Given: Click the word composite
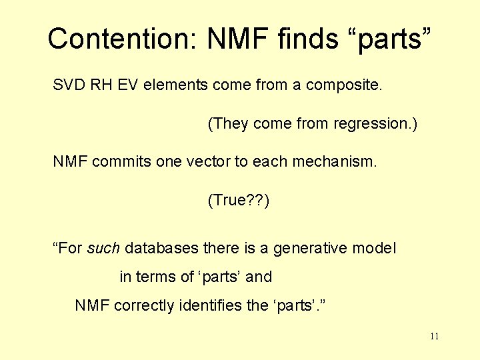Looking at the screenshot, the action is pyautogui.click(x=344, y=86).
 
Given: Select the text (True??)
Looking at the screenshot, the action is pyautogui.click(x=239, y=200).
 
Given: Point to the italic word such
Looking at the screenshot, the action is pyautogui.click(x=103, y=249).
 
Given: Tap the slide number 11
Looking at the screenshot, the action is pyautogui.click(x=434, y=337).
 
